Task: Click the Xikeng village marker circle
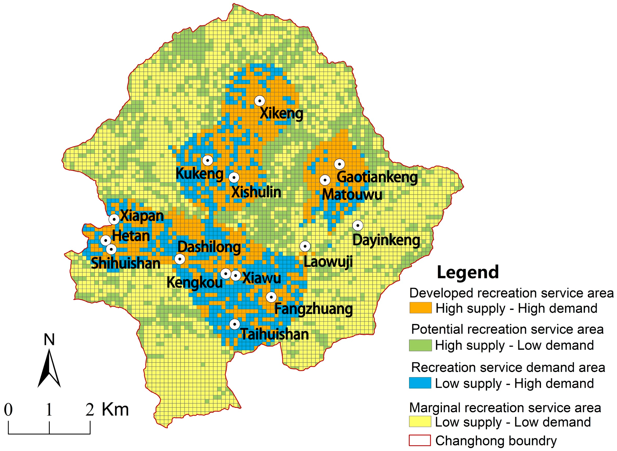(x=260, y=101)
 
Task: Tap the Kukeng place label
(x=199, y=173)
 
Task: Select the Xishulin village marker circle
(x=234, y=178)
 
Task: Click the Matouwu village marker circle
(x=325, y=180)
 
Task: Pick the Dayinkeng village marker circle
(x=358, y=225)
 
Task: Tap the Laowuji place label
(x=328, y=261)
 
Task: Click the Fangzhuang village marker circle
(x=271, y=297)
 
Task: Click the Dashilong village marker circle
(x=180, y=259)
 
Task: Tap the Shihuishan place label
(x=125, y=263)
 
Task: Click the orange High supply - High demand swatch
(x=420, y=308)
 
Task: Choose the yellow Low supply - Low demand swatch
(x=420, y=421)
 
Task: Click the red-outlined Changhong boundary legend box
(x=420, y=440)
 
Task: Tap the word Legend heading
(x=468, y=272)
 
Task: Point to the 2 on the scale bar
(x=90, y=410)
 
